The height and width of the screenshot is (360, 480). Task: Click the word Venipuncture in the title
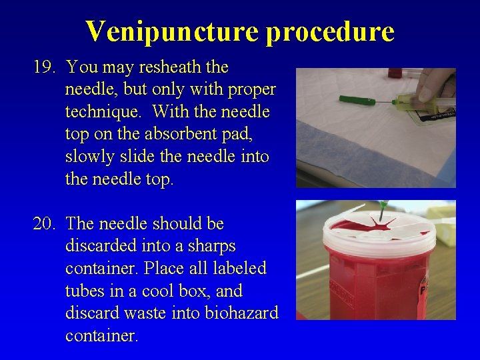(x=171, y=31)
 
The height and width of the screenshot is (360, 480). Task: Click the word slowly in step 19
(x=89, y=157)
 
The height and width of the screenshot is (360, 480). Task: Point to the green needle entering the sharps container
(x=383, y=211)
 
